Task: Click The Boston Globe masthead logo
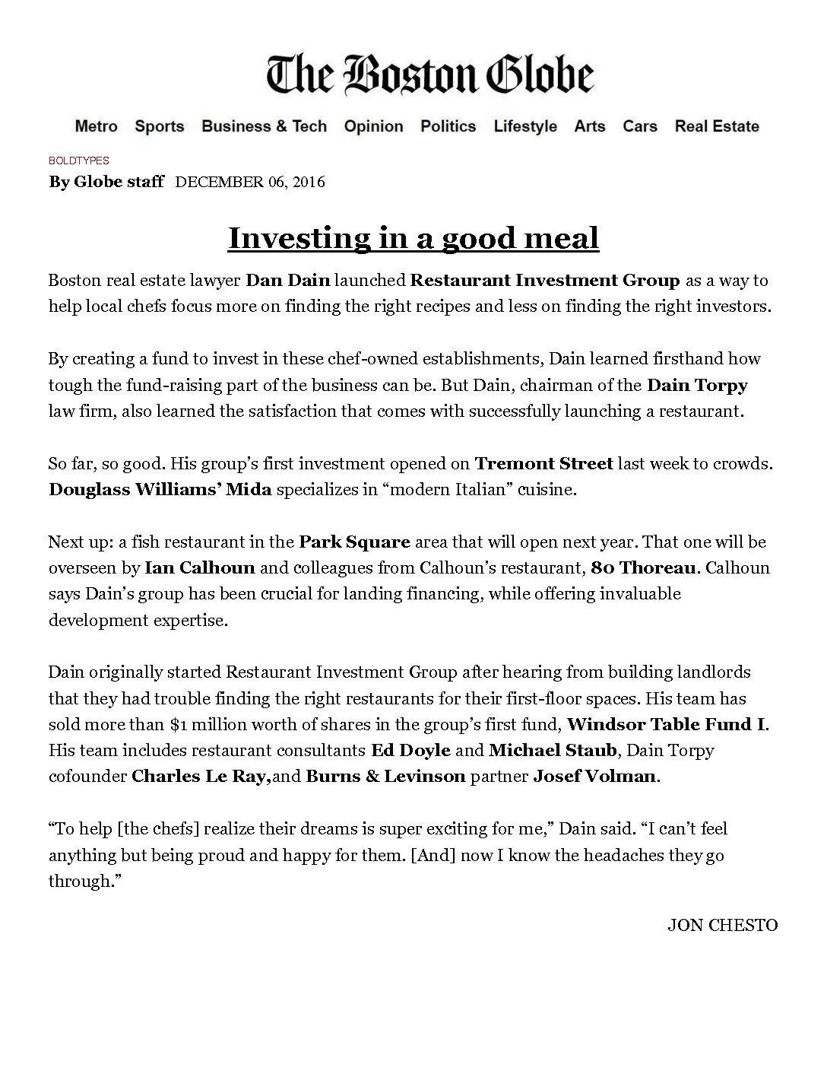[430, 75]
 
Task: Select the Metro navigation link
[96, 126]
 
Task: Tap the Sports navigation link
[160, 126]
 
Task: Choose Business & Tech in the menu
[264, 126]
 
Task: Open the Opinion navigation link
[373, 126]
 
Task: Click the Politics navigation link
[448, 126]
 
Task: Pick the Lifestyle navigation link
[525, 126]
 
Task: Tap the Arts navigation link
[590, 126]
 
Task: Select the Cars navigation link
[640, 126]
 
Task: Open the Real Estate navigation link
[717, 126]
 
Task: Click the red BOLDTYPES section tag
[79, 160]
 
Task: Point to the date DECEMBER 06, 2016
[250, 182]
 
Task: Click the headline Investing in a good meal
[413, 238]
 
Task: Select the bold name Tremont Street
[543, 463]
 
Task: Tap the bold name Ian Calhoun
[199, 567]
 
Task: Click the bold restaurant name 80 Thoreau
[642, 567]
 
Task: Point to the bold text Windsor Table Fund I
[666, 723]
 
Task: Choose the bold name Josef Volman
[594, 776]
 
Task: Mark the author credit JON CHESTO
[722, 925]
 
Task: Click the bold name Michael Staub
[553, 750]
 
